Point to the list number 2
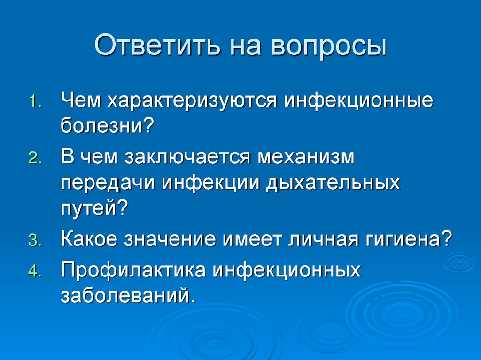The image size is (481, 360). pyautogui.click(x=35, y=159)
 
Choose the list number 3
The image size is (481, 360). pyautogui.click(x=35, y=241)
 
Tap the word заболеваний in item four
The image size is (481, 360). pyautogui.click(x=127, y=296)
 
